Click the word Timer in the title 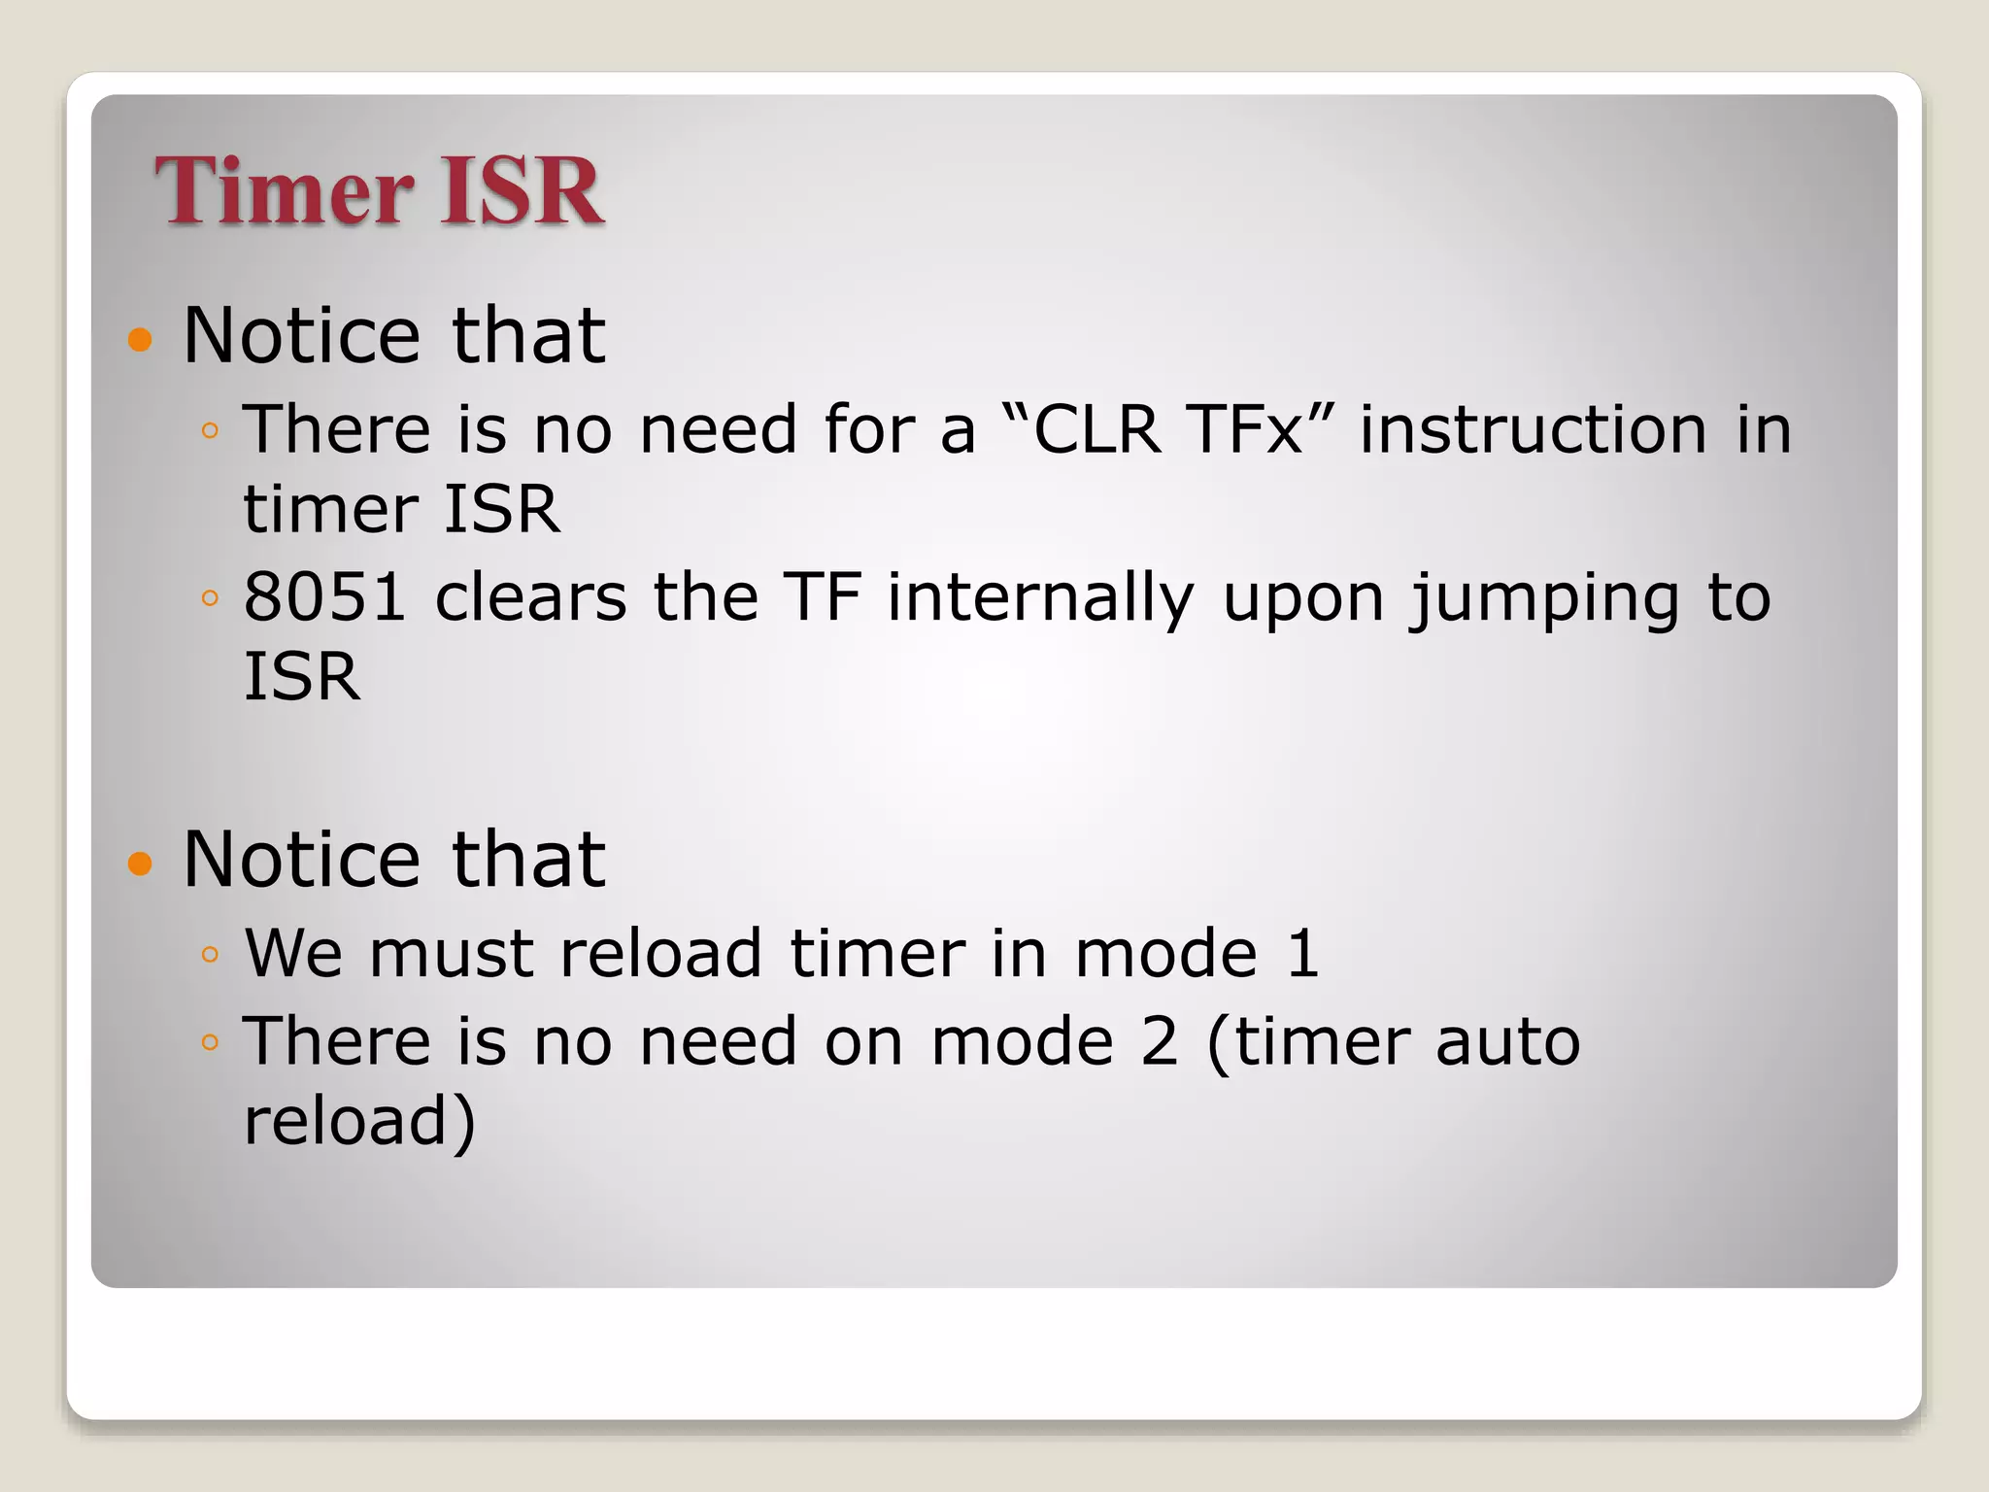tap(282, 191)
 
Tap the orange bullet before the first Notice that tap(141, 339)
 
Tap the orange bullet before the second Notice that tap(141, 863)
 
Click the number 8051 tap(323, 596)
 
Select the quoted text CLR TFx tap(1166, 429)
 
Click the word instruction tap(1533, 429)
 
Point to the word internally tap(1040, 596)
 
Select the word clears tap(530, 596)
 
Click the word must tap(451, 953)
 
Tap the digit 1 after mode tap(1302, 953)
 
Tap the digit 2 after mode tap(1158, 1041)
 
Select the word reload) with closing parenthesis tap(359, 1121)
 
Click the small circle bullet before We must tap(210, 955)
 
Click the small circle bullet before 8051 tap(210, 598)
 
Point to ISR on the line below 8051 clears tap(301, 676)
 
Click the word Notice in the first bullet tap(302, 335)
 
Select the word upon tap(1302, 596)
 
